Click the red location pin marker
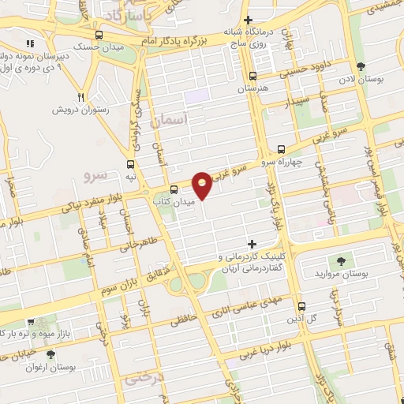click(203, 184)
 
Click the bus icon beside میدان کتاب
click(174, 189)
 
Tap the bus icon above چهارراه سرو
click(282, 149)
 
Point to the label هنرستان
click(252, 90)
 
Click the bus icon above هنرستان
click(252, 77)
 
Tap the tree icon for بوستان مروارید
click(341, 260)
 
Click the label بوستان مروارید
click(346, 274)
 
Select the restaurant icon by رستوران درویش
click(80, 97)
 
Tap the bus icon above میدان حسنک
click(99, 36)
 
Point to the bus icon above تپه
click(130, 164)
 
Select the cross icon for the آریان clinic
click(252, 244)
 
